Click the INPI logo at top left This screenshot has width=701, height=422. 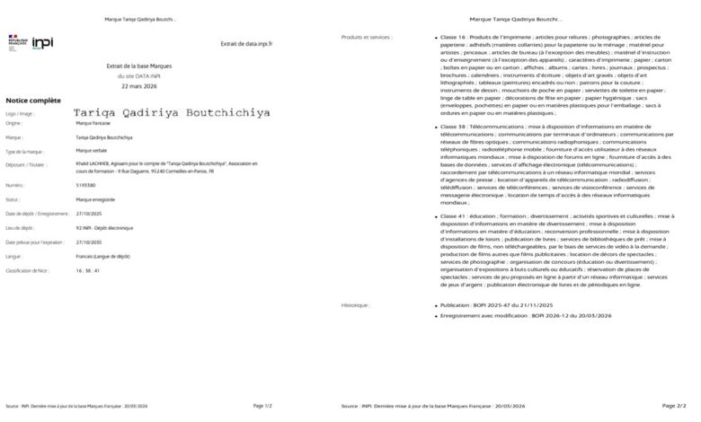pyautogui.click(x=43, y=42)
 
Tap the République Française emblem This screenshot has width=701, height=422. pyautogui.click(x=17, y=41)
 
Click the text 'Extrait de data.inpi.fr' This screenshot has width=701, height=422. pyautogui.click(x=246, y=43)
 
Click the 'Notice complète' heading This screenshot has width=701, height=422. pyautogui.click(x=32, y=101)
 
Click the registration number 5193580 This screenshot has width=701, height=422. pyautogui.click(x=87, y=184)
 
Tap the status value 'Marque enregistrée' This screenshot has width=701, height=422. pyautogui.click(x=96, y=199)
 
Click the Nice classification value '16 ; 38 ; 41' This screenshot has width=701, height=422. pyautogui.click(x=88, y=269)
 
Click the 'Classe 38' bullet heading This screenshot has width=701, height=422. pyautogui.click(x=453, y=127)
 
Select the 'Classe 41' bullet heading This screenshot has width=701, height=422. pyautogui.click(x=453, y=216)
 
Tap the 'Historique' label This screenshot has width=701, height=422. pyautogui.click(x=355, y=305)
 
